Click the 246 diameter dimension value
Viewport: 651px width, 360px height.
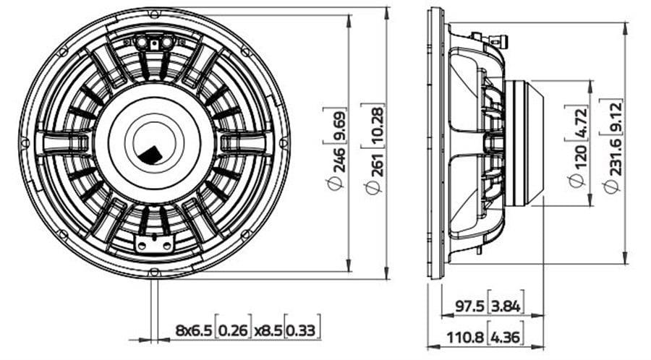(338, 159)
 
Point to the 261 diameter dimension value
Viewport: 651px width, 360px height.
(377, 164)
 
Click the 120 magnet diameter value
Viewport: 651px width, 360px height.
(577, 157)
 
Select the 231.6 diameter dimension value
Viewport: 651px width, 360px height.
(613, 157)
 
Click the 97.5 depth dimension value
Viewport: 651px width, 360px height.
(469, 307)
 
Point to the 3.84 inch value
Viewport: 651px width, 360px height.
(506, 307)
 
